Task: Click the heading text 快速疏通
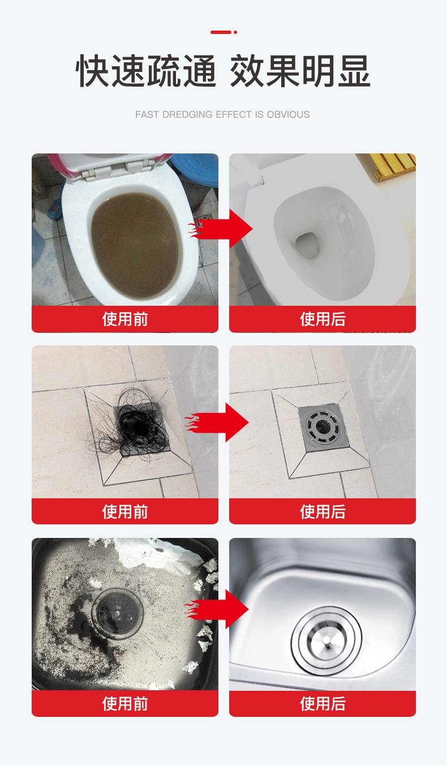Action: (146, 71)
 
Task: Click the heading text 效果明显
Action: (300, 71)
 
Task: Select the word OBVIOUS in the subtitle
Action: (289, 114)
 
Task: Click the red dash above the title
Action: (221, 32)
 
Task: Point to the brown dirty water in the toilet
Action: (135, 245)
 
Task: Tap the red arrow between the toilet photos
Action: (220, 229)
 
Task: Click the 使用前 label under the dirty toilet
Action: (125, 319)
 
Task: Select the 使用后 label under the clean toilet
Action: (323, 319)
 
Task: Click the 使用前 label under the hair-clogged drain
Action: (125, 511)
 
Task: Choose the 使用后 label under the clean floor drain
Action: (323, 511)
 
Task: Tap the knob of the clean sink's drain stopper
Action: (327, 642)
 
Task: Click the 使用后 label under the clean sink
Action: (323, 703)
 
